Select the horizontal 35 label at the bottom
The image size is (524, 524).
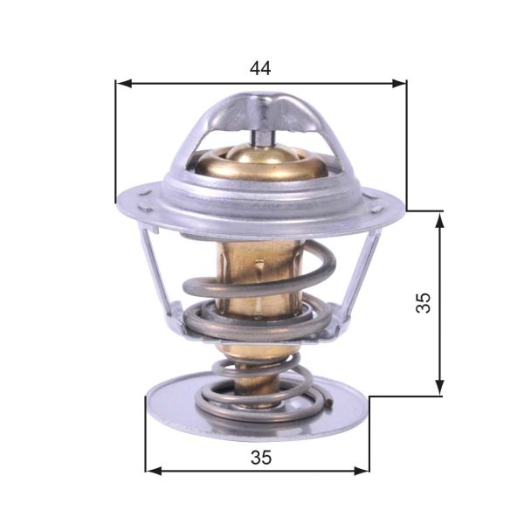click(x=259, y=456)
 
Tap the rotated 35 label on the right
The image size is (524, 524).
click(x=424, y=303)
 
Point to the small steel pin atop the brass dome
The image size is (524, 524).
click(x=261, y=135)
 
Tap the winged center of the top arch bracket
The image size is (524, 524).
click(x=261, y=109)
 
